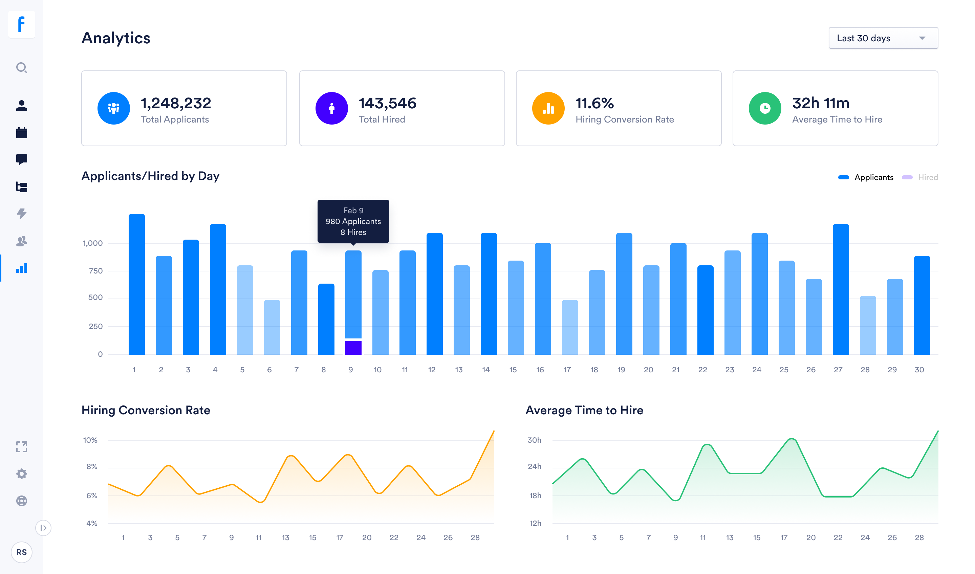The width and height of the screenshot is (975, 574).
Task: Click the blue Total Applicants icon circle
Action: click(113, 108)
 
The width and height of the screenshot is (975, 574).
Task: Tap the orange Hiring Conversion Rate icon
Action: click(548, 108)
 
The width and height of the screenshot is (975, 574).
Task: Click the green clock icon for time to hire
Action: click(764, 108)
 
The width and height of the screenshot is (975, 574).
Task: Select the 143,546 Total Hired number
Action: click(387, 103)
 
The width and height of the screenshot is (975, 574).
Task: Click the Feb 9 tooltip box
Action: click(353, 221)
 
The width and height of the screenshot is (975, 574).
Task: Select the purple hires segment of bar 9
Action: click(353, 348)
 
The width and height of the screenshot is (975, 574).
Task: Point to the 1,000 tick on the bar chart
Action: click(93, 243)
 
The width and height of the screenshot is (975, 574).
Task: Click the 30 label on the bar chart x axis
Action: click(919, 370)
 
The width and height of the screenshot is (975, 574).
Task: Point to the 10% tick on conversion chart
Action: click(90, 440)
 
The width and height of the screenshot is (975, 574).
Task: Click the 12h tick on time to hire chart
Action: click(535, 523)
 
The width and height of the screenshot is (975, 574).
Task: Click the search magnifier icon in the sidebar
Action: click(22, 68)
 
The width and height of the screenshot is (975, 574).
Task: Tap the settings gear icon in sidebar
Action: click(22, 474)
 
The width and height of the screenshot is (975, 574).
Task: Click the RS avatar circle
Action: click(22, 552)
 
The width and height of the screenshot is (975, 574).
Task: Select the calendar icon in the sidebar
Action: click(22, 133)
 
